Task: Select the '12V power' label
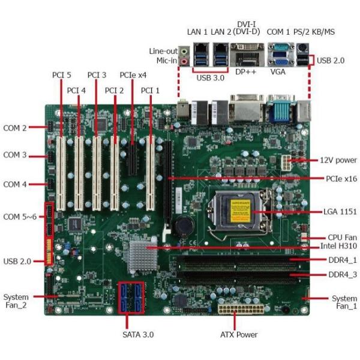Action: coord(336,160)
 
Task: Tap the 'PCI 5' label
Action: coord(61,75)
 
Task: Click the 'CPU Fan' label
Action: coord(337,237)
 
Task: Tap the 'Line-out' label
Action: coord(162,51)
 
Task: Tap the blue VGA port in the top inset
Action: coord(278,59)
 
